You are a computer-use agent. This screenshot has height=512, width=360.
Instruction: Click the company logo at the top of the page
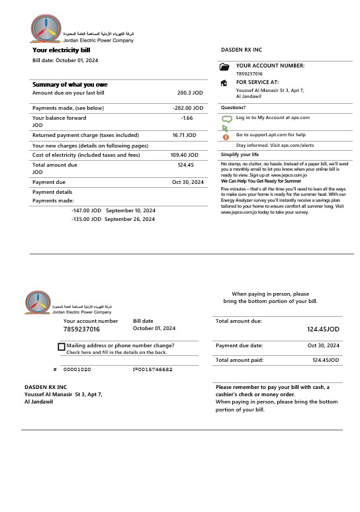coord(48,29)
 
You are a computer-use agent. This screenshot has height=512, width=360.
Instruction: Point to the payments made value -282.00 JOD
coord(187,108)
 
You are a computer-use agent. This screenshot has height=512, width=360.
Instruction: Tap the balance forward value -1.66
coord(187,118)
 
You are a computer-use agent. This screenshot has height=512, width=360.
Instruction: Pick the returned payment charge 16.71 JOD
coord(184,135)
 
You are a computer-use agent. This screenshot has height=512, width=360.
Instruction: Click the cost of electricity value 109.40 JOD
coord(183,155)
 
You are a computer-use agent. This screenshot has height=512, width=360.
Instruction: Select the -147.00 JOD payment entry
coord(86,210)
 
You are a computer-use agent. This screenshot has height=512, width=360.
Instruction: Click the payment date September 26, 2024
coord(130,219)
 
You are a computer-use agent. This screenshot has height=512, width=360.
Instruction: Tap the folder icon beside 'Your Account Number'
coord(224,67)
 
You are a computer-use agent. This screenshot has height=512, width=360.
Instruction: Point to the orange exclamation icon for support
coord(225,137)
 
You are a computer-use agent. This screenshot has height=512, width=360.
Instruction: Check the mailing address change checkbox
coord(62,346)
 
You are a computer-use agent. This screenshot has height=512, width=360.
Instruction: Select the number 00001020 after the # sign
coord(77,369)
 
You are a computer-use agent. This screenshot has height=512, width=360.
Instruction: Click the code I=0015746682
coord(152,369)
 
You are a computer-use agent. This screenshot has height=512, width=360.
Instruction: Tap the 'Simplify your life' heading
coord(240,154)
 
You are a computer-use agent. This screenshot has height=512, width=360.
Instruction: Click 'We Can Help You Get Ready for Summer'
coord(261,181)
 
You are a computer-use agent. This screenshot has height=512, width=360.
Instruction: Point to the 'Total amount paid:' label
coord(239,360)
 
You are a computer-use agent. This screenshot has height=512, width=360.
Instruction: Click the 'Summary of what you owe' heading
coord(69,85)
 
